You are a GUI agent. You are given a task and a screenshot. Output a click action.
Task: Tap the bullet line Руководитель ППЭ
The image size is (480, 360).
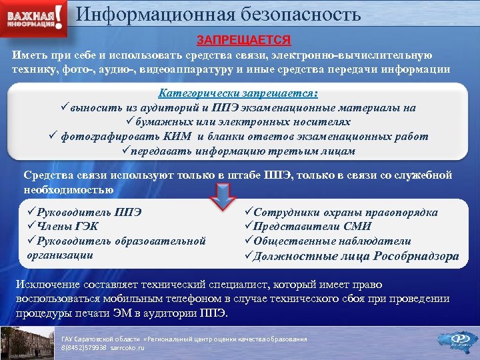click(85, 213)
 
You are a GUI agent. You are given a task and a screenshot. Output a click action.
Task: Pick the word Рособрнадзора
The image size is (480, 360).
click(417, 256)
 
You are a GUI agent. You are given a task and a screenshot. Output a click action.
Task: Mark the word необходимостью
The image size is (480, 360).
click(68, 189)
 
